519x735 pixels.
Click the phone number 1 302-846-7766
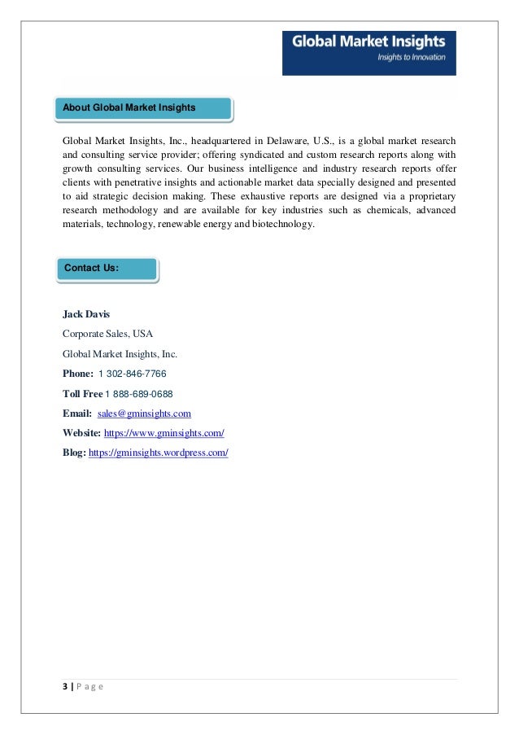(x=133, y=374)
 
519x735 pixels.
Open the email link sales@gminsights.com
(x=144, y=413)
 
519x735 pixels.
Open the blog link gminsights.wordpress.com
(x=158, y=453)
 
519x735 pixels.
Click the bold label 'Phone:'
(x=77, y=374)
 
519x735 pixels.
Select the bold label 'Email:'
(x=77, y=413)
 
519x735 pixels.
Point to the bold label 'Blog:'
(x=74, y=453)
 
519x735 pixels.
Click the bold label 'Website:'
(x=82, y=433)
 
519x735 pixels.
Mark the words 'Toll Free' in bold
(x=82, y=394)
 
